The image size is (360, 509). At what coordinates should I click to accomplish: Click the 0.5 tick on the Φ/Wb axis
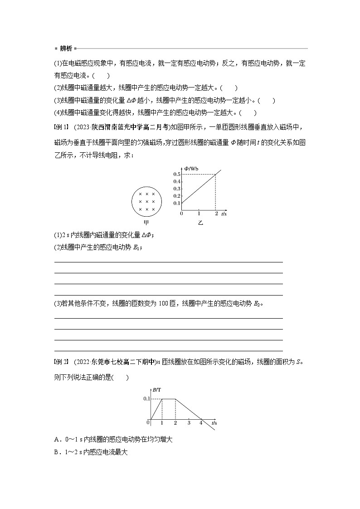click(177, 175)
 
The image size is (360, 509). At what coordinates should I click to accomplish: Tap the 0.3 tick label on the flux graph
click(177, 189)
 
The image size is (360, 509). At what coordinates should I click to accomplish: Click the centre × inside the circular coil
click(146, 201)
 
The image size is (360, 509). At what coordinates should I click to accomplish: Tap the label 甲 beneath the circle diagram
click(146, 223)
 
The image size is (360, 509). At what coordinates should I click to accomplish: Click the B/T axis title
click(157, 389)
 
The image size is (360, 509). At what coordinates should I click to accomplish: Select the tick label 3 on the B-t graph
click(189, 422)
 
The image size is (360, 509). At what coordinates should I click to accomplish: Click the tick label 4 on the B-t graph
click(201, 422)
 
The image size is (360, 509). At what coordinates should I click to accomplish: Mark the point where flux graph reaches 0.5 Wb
click(215, 175)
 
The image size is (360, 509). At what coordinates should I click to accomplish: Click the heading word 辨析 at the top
click(66, 48)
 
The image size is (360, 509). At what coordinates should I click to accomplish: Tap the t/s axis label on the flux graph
click(224, 213)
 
